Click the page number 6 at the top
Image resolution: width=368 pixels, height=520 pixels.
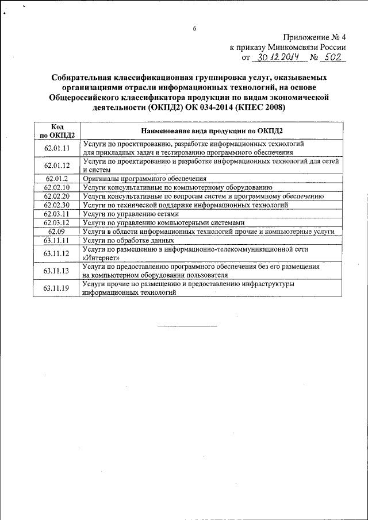coord(194,29)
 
